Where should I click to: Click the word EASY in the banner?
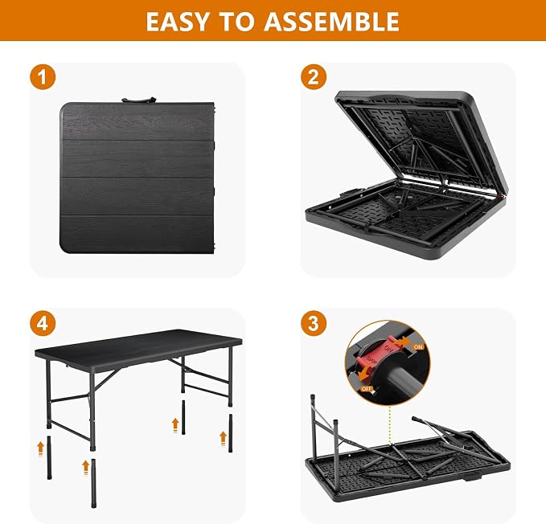(x=178, y=21)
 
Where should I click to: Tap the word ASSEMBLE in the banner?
(x=331, y=21)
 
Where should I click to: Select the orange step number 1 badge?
(x=43, y=77)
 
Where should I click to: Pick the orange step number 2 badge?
(x=314, y=77)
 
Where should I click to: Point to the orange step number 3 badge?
(x=314, y=323)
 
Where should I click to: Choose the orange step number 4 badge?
(x=43, y=323)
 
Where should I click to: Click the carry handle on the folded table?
(x=138, y=100)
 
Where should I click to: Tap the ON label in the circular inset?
(x=418, y=347)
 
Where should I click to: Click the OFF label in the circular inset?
(x=367, y=389)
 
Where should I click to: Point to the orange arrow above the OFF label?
(x=365, y=376)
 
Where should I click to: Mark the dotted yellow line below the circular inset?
(x=390, y=425)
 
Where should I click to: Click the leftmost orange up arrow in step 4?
(x=41, y=448)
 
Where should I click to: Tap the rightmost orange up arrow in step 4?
(x=223, y=438)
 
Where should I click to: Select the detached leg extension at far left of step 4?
(x=49, y=457)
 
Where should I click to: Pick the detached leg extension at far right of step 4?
(x=230, y=433)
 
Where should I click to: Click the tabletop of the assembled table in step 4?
(x=138, y=345)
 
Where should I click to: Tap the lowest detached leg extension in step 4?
(x=93, y=482)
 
